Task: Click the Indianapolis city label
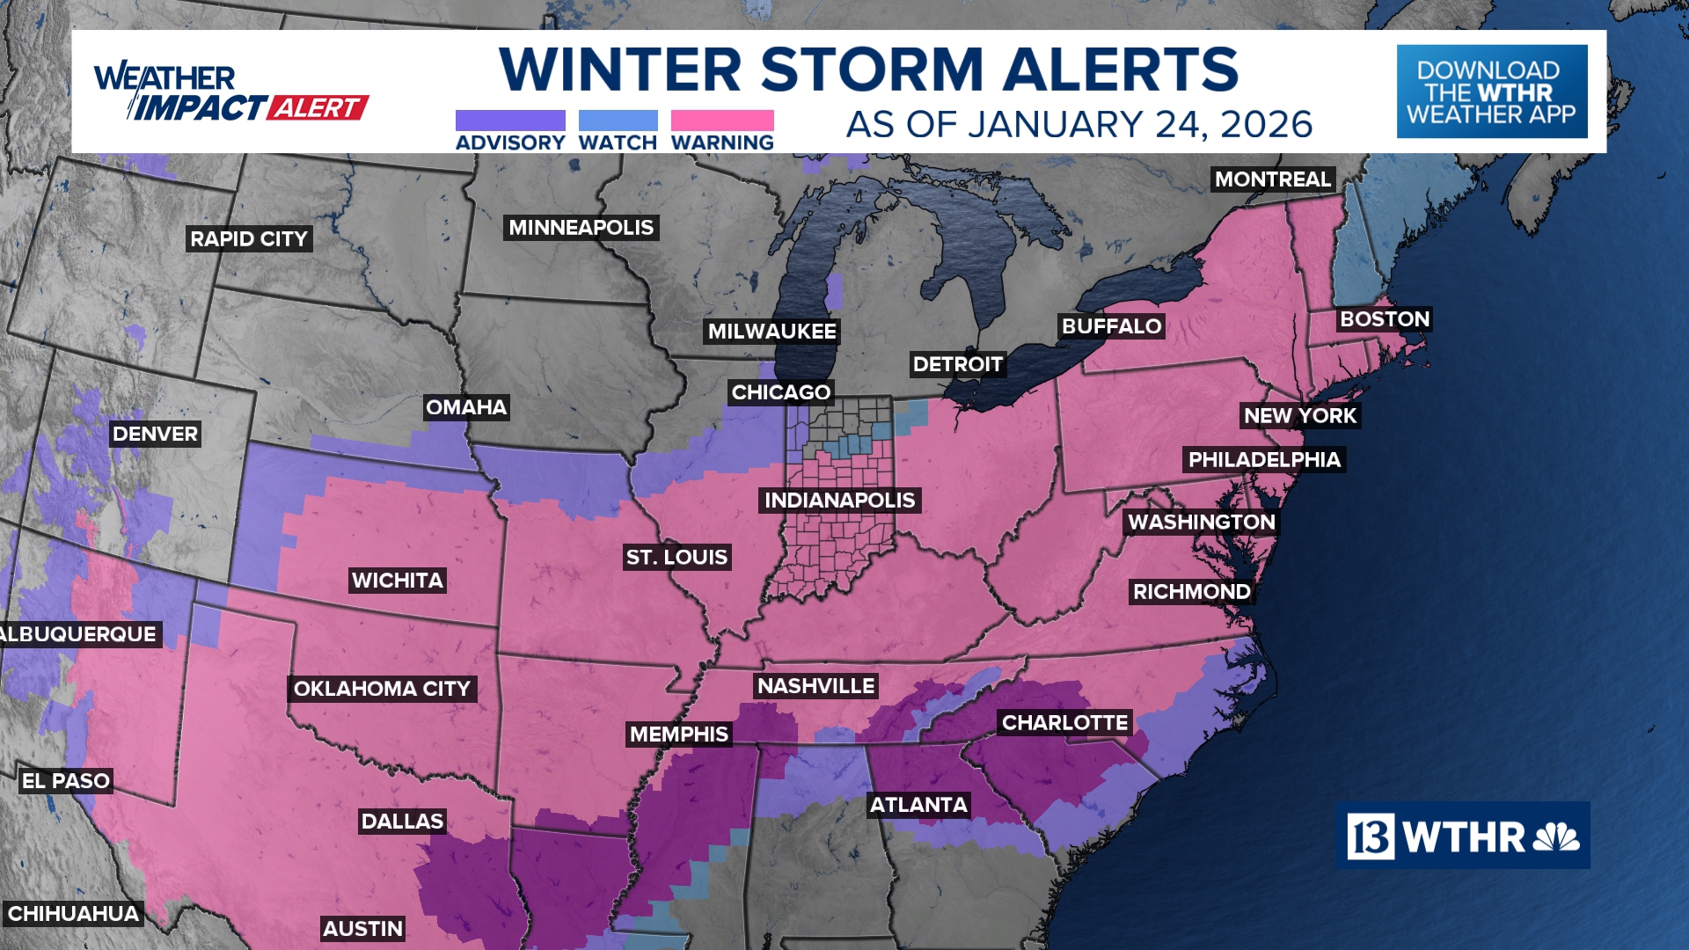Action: click(839, 501)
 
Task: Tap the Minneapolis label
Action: click(581, 228)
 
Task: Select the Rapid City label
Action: click(249, 239)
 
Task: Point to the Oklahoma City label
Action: click(382, 689)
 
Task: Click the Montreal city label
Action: click(1272, 179)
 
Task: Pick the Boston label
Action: click(1384, 319)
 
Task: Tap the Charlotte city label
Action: click(1064, 723)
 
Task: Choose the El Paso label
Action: click(66, 781)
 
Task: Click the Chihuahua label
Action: click(73, 914)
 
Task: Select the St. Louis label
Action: click(676, 558)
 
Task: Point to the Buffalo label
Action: click(1111, 326)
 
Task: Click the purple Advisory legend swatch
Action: click(510, 121)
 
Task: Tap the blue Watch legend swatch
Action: click(618, 121)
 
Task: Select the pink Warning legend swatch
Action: click(722, 121)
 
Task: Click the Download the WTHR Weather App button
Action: click(1491, 91)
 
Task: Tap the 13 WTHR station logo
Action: click(1462, 836)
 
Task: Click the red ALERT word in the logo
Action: click(317, 108)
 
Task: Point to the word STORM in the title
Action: click(872, 69)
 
